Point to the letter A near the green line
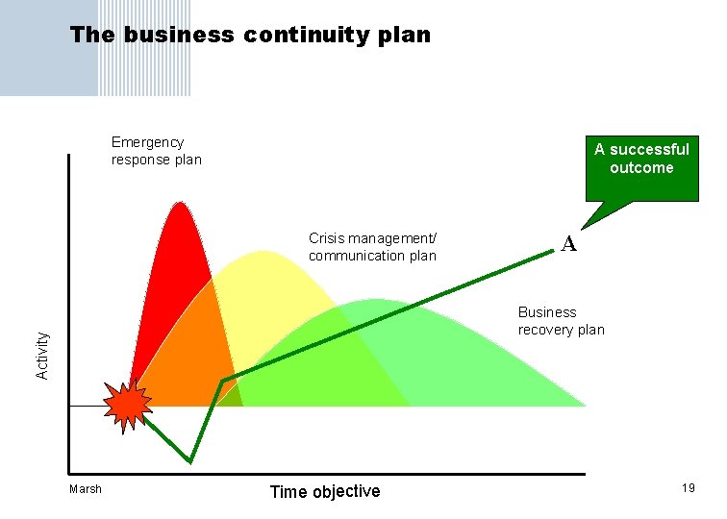(x=569, y=245)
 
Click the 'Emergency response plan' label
(x=156, y=151)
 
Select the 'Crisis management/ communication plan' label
(x=372, y=247)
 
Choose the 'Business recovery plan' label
(x=561, y=321)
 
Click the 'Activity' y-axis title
(x=42, y=355)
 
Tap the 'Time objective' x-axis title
(x=325, y=492)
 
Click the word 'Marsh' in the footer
(x=86, y=489)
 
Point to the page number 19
(x=688, y=489)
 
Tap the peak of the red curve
(x=179, y=203)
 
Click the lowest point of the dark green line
(x=190, y=462)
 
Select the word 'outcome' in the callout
(x=641, y=168)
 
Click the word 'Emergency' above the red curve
(x=147, y=142)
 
